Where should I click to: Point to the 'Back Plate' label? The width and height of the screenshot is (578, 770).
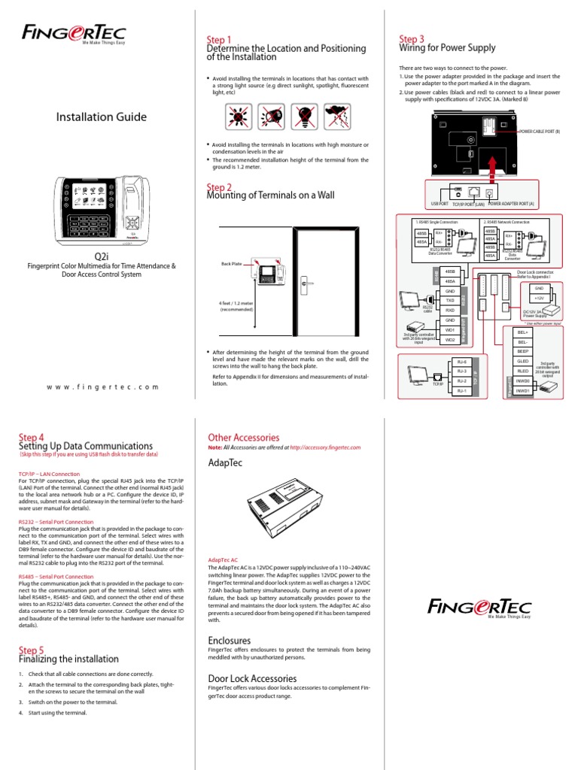coord(231,264)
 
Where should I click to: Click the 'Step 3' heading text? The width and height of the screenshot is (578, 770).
coord(412,39)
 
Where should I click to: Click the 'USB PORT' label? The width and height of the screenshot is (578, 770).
coord(440,203)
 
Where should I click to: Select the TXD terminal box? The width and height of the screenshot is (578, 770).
coord(450,301)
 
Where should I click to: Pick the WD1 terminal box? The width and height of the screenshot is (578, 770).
coord(450,330)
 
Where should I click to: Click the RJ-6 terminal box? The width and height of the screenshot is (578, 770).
coord(462,362)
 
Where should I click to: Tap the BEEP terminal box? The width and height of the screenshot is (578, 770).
coord(522,351)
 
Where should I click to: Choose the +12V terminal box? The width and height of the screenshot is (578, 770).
coord(539,298)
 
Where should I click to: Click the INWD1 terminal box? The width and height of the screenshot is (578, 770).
coord(522,390)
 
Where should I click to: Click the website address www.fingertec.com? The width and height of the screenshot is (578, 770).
coord(102,387)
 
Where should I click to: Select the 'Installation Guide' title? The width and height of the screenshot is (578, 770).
coord(102,117)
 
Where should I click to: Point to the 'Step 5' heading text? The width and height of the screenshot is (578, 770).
coord(31,650)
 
